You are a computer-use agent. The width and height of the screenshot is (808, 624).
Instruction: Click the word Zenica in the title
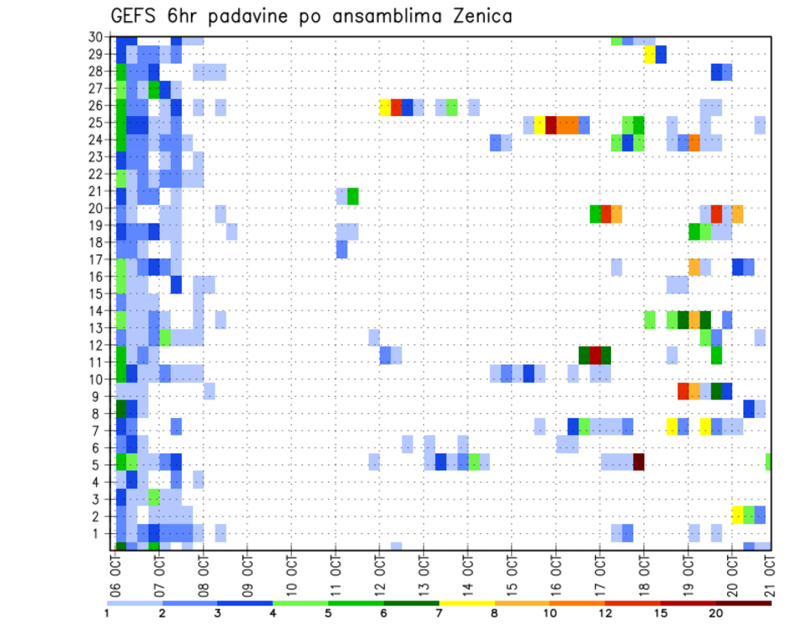coord(477,16)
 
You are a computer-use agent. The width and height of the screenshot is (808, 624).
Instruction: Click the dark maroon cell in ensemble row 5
coord(639,462)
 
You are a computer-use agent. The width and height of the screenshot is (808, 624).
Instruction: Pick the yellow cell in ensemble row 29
coord(650,55)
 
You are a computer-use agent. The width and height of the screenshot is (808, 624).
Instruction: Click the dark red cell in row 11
coord(595,355)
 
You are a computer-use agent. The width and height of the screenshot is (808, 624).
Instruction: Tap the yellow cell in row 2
coord(738,515)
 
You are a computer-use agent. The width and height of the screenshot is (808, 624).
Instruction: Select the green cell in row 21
coord(353,196)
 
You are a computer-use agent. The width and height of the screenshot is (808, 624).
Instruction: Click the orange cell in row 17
coord(694,267)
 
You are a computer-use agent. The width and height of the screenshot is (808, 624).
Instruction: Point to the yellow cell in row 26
coord(385,107)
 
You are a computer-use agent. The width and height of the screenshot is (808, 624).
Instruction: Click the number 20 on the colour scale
coord(716,613)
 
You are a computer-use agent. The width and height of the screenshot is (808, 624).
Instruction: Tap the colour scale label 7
coord(439,613)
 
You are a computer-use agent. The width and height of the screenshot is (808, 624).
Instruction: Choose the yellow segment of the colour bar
coord(466,603)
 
